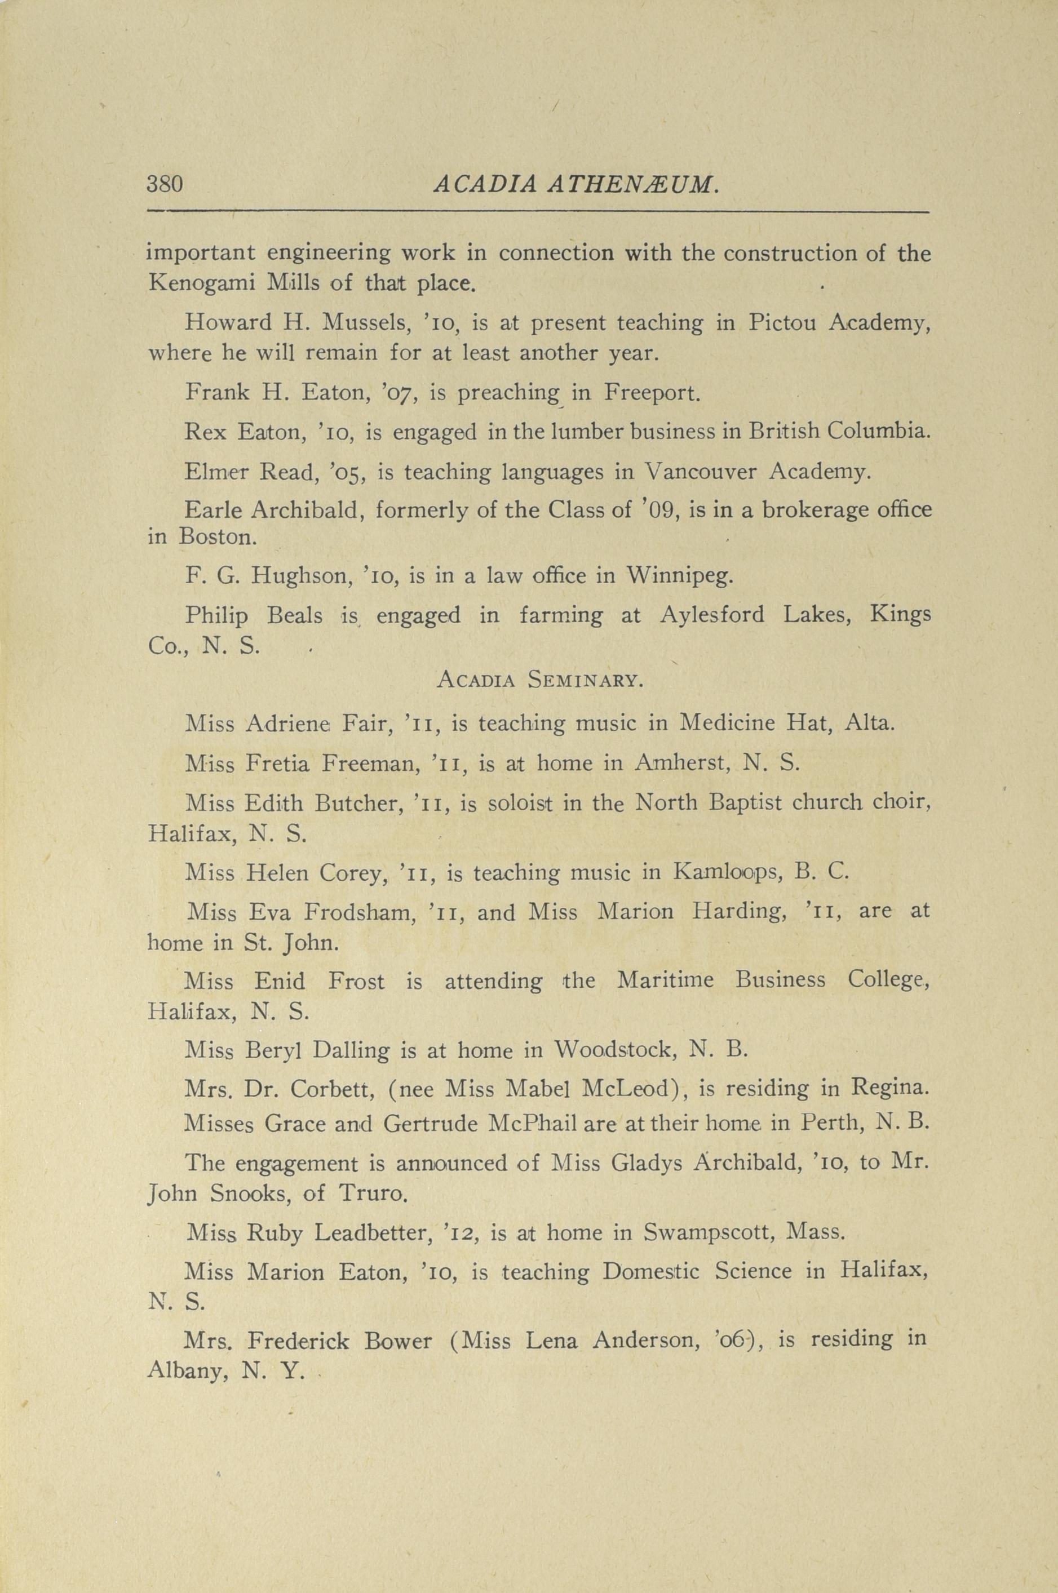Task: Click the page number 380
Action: click(x=165, y=184)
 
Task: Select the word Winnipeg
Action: click(x=679, y=576)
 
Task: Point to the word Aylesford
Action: click(x=712, y=616)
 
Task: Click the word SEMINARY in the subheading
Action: click(x=583, y=681)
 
